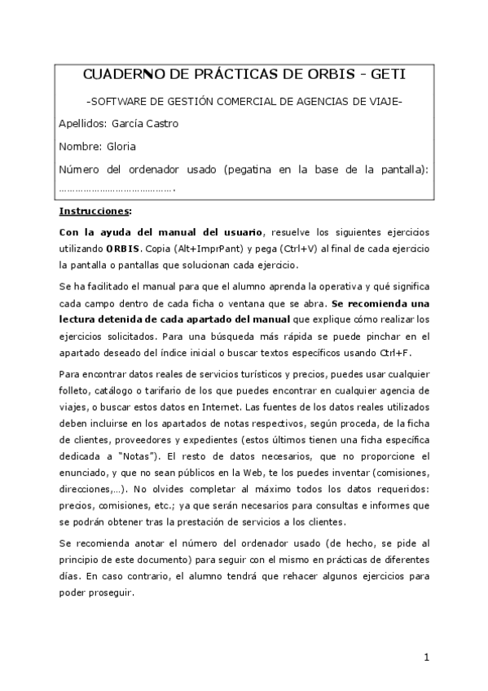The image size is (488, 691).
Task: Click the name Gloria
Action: tap(121, 147)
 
